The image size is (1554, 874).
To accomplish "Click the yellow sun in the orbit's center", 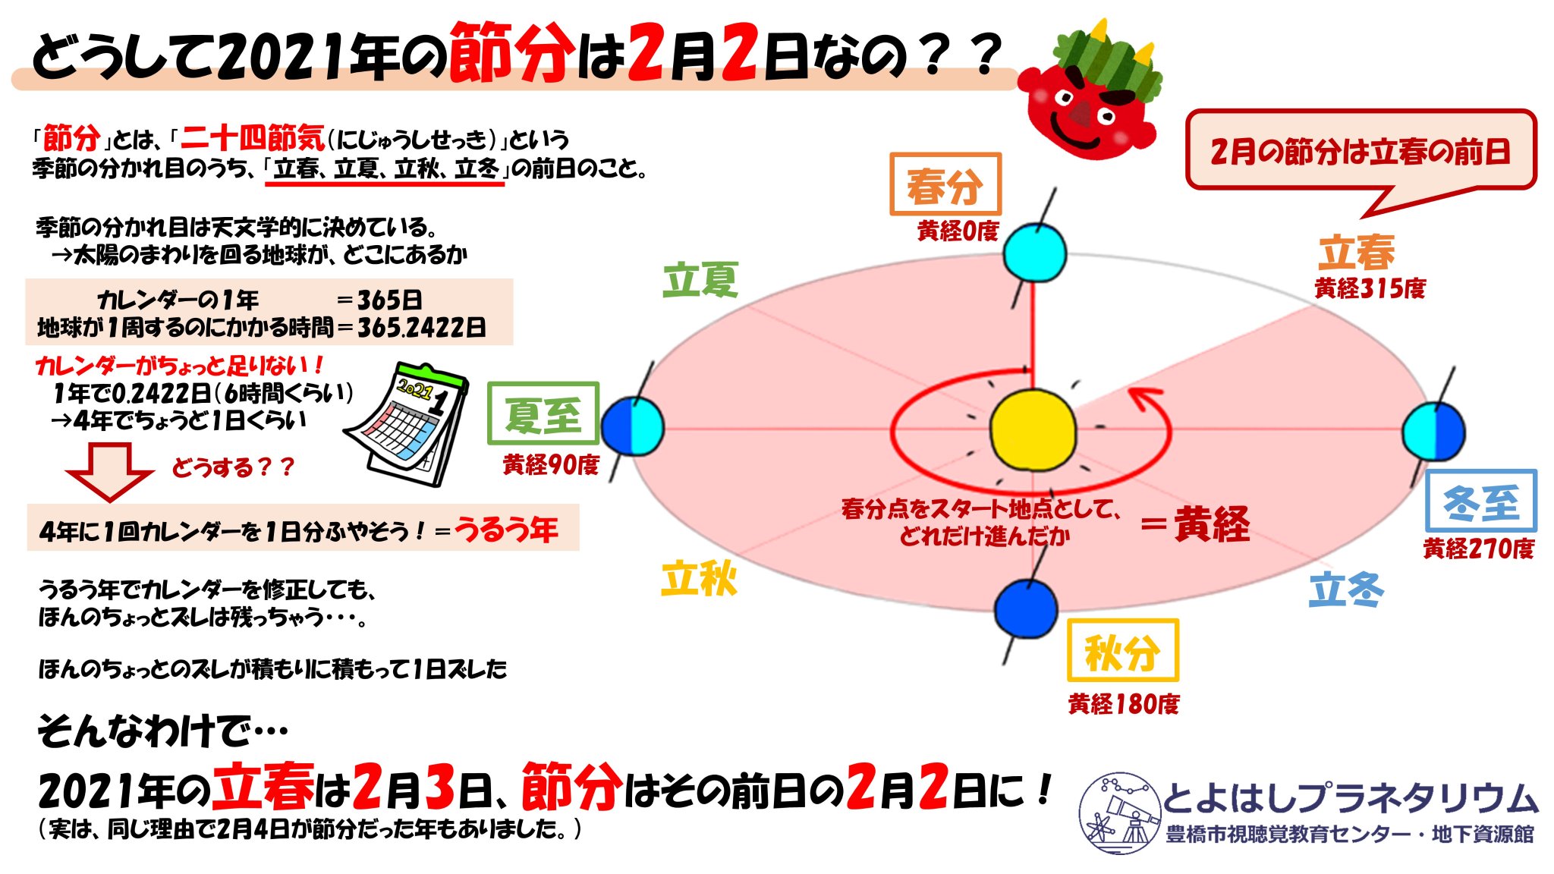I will pos(1033,429).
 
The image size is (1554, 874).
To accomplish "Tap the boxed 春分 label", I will pos(945,184).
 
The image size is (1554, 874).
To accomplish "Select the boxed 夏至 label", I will pos(543,413).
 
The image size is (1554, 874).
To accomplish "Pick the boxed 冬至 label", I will pos(1480,501).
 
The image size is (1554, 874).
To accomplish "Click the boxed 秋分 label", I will pos(1122,650).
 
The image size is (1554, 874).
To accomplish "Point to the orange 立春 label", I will pos(1356,253).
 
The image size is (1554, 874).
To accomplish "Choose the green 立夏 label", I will pos(700,280).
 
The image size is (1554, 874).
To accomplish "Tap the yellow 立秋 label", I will pos(699,580).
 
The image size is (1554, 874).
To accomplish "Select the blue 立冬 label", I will pos(1346,589).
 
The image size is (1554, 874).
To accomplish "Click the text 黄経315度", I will pos(1370,288).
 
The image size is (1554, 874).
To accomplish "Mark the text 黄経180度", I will pos(1123,704).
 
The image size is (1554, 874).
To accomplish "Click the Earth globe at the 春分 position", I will pos(1034,253).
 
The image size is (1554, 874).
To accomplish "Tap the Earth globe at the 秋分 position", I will pos(1025,609).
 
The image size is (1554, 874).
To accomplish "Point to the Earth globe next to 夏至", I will pos(633,426).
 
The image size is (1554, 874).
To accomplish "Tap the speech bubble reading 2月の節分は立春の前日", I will pos(1360,152).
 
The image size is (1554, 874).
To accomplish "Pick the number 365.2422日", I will pos(422,328).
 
